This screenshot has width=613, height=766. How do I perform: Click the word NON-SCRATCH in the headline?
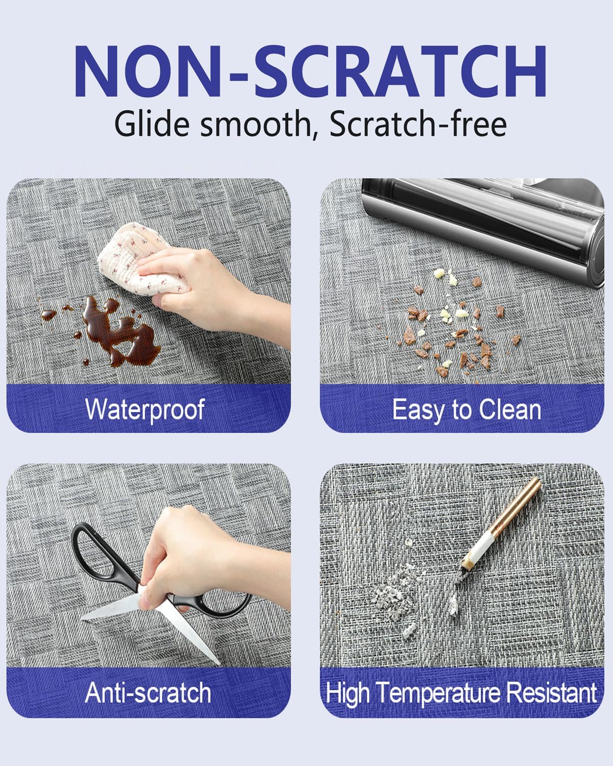[x=310, y=71]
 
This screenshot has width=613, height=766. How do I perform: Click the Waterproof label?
[x=145, y=410]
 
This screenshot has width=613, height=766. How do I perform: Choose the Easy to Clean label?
[x=466, y=410]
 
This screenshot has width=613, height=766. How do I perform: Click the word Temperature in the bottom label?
[x=438, y=694]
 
